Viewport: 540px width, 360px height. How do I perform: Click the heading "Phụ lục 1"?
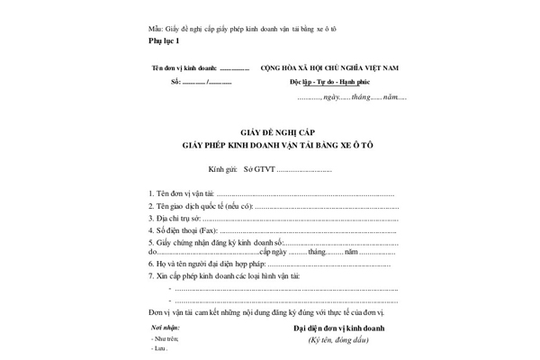pos(164,41)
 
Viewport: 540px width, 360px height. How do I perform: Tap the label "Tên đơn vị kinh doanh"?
pos(185,67)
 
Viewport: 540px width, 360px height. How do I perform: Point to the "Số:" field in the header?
pos(175,82)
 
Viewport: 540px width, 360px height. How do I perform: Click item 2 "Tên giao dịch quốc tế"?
pos(194,206)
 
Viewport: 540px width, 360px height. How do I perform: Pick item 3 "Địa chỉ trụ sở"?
pos(175,218)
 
